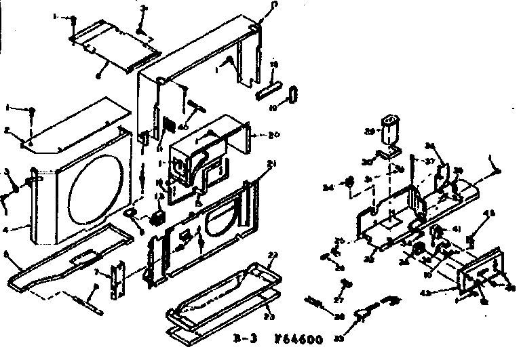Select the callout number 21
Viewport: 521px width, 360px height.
click(254, 165)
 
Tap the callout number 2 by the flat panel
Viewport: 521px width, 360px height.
click(6, 129)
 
